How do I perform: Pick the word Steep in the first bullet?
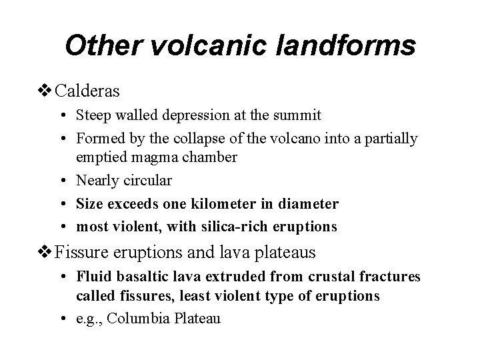pos(93,115)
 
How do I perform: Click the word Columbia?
pos(138,319)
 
